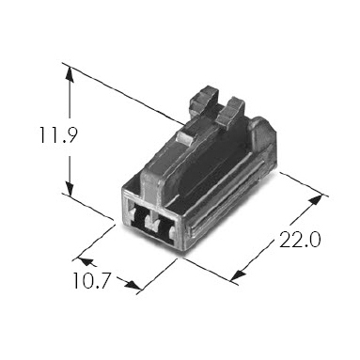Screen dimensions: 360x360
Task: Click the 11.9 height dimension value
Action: coord(57,134)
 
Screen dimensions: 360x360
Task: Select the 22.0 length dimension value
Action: coord(300,240)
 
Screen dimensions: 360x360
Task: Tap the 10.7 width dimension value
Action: coord(92,280)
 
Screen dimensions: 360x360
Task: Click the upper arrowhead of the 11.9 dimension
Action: coord(70,74)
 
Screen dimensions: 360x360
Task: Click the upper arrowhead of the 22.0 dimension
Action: coord(315,200)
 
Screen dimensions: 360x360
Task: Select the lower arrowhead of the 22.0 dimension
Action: coord(238,274)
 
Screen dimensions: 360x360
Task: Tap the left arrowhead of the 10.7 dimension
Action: coord(86,261)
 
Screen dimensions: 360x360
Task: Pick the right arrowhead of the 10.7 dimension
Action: coord(133,285)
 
